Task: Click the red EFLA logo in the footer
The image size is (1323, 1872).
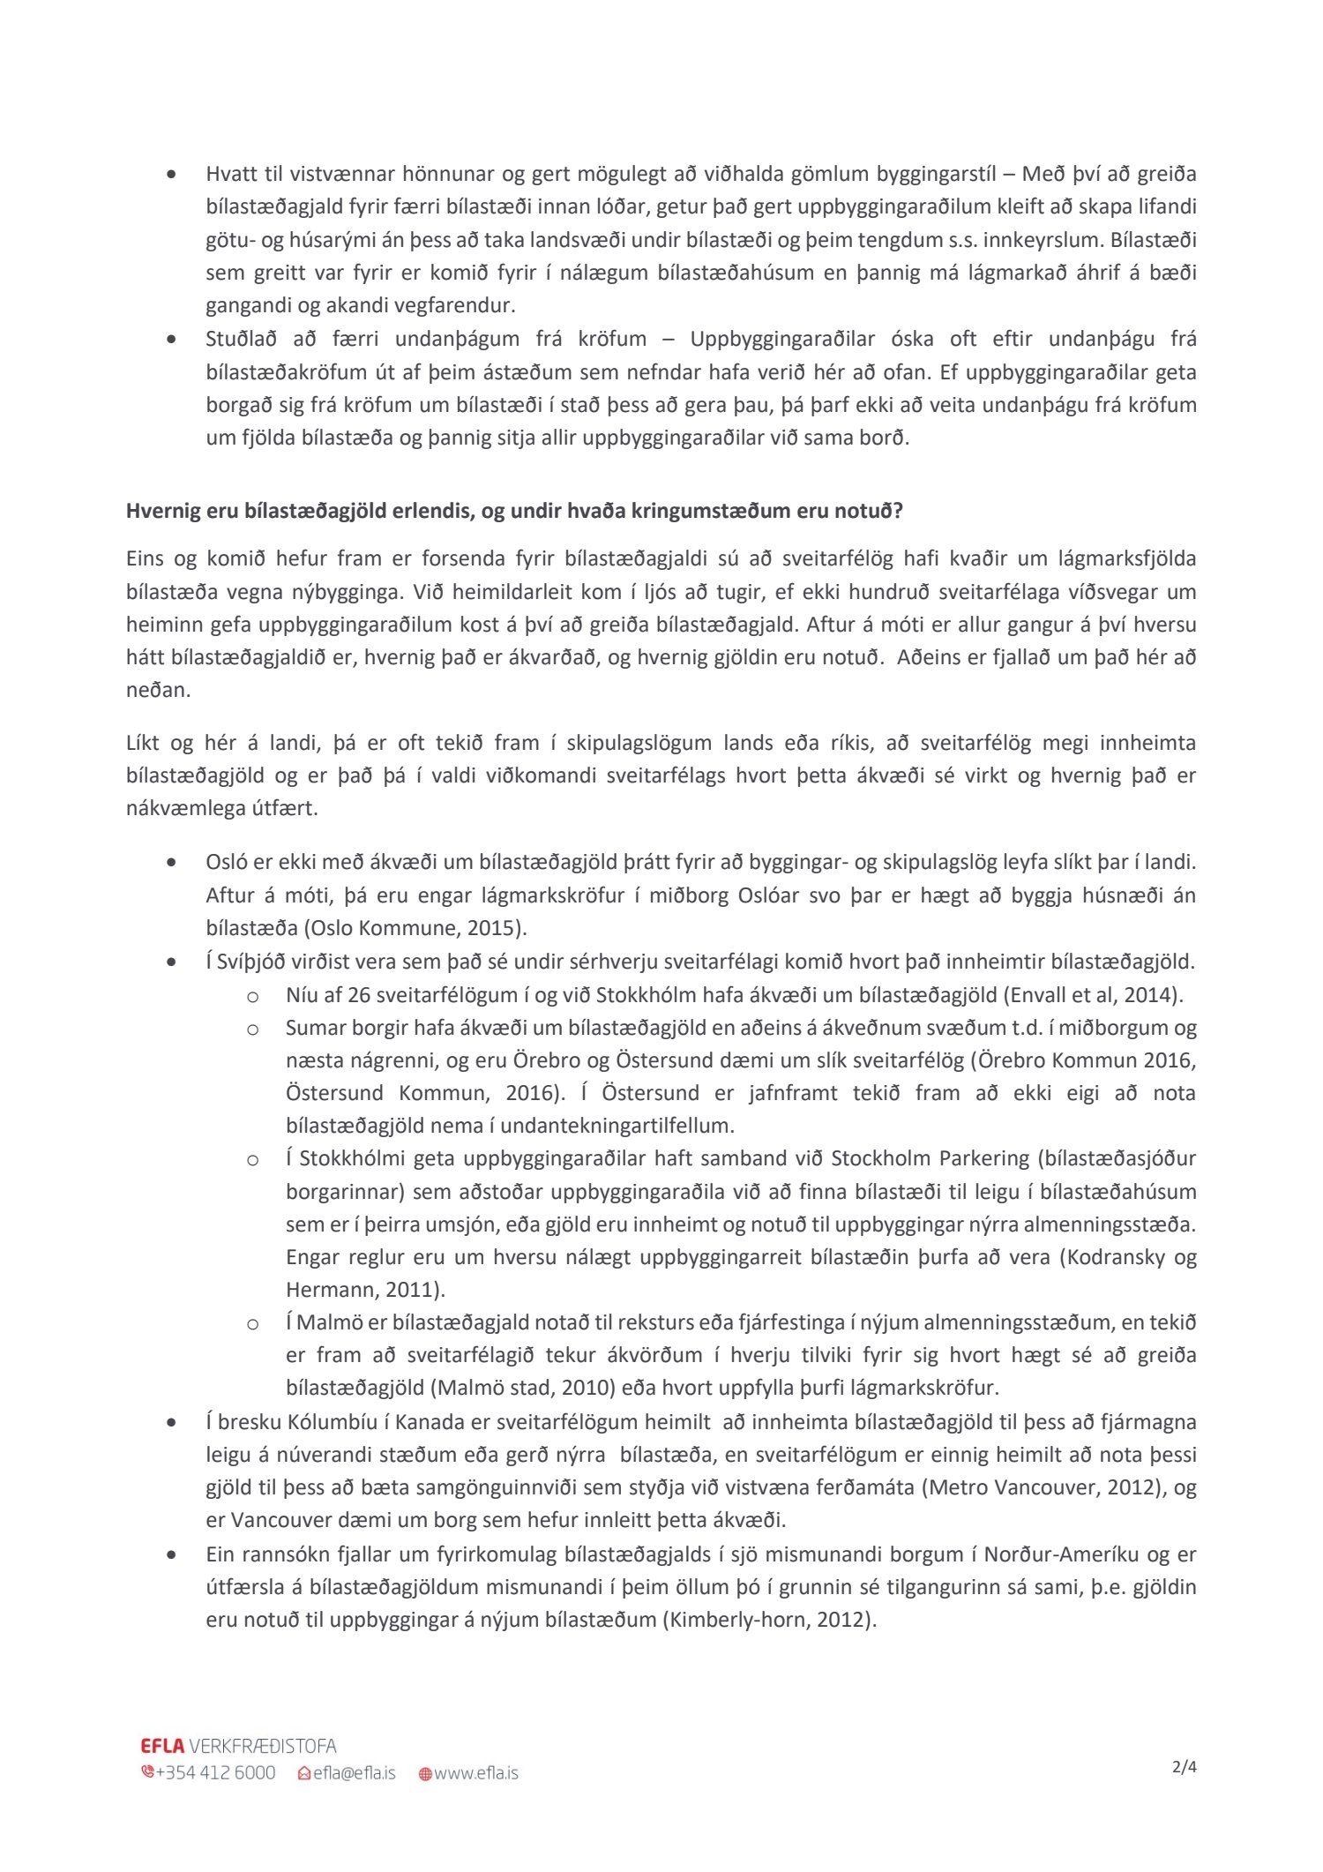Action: coord(162,1746)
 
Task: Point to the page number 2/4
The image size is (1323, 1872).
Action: coord(1185,1766)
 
